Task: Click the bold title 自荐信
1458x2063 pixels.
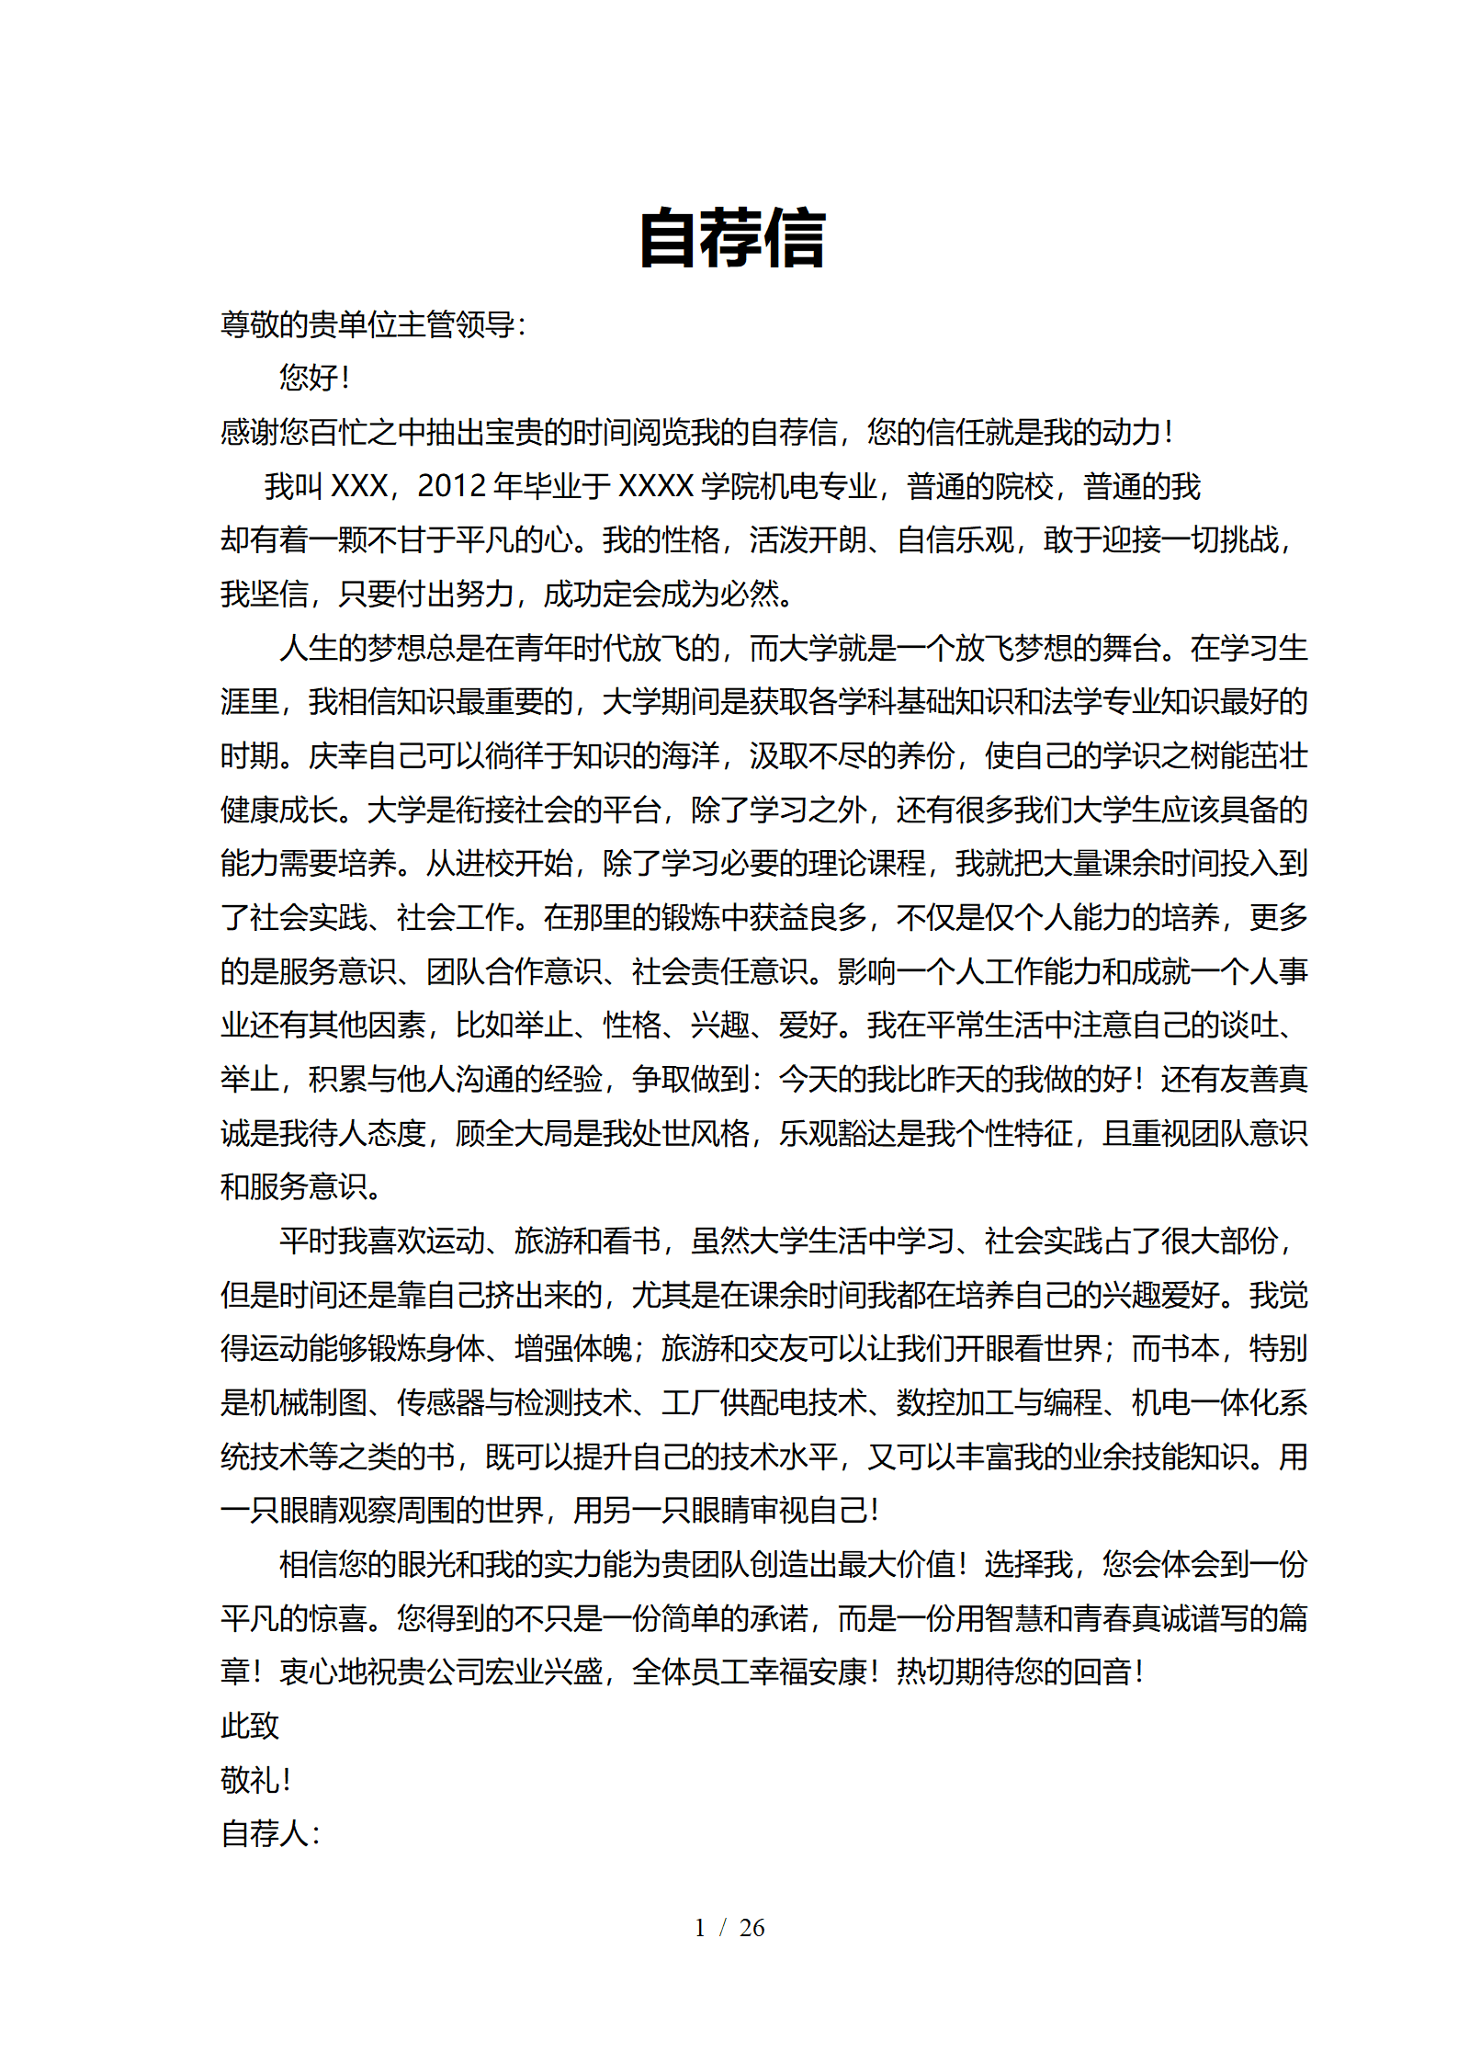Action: pos(732,238)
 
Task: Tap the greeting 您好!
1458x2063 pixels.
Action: pos(314,377)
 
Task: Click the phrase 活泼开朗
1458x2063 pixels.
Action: pos(808,540)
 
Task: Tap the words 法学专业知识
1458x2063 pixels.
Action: pos(1161,702)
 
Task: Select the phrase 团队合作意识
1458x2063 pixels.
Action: pos(514,971)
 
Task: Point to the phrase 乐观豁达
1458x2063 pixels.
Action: pos(837,1133)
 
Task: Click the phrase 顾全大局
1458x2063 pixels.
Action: pos(514,1133)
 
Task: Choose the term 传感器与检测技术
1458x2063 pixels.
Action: pos(514,1402)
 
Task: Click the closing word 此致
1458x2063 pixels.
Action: pos(250,1726)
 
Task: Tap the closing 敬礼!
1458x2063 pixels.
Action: pos(256,1780)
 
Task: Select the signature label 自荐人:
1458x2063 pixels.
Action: pos(270,1833)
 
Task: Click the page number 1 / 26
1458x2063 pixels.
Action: pos(729,1928)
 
